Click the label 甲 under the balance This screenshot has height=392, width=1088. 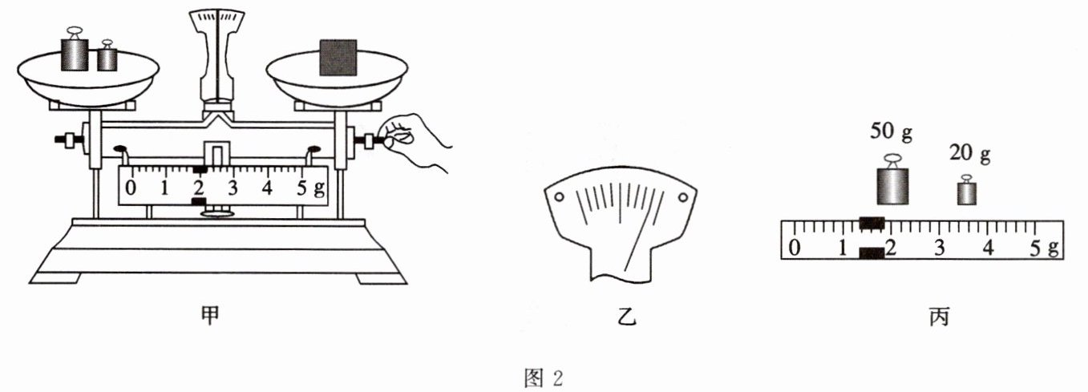point(210,315)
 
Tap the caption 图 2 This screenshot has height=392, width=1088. point(544,378)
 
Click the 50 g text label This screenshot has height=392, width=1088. point(891,131)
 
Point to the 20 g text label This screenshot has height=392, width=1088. point(969,153)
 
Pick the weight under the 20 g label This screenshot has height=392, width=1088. point(967,190)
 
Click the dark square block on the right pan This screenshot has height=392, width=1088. point(338,58)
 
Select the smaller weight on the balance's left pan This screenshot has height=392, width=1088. point(107,56)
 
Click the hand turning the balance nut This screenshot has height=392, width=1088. point(415,143)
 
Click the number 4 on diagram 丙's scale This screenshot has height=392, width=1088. point(988,248)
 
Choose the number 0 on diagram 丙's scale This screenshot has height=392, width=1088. point(794,248)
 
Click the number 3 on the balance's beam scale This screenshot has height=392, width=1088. point(233,188)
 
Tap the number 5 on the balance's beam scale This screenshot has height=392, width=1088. point(302,188)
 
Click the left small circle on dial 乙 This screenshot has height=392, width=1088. point(559,197)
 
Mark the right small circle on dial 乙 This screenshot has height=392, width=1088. point(683,197)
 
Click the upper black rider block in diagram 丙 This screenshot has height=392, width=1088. point(872,224)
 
